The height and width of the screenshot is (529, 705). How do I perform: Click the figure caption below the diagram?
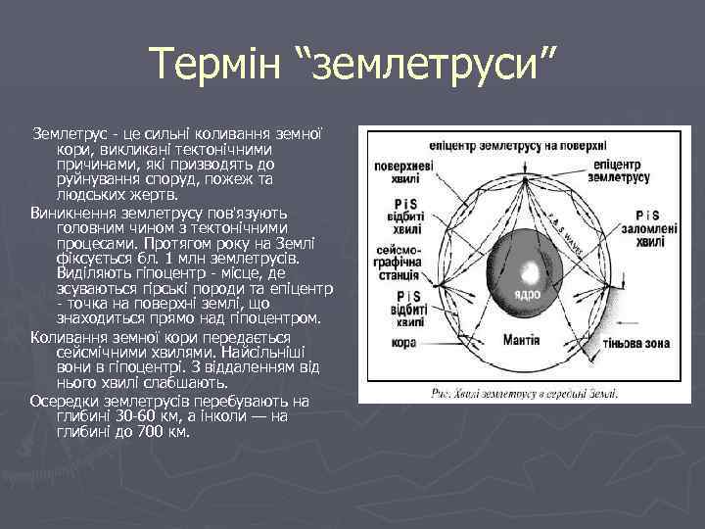524,392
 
